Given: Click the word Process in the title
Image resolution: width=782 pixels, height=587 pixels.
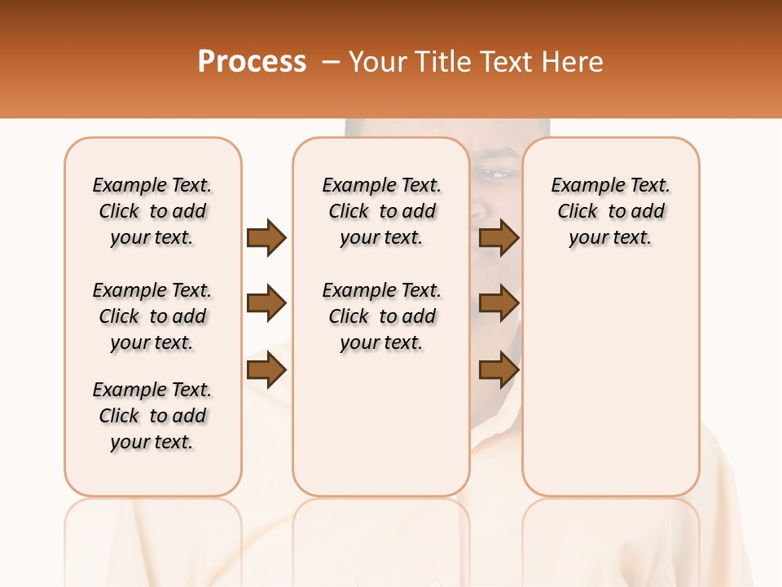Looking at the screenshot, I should pos(252,62).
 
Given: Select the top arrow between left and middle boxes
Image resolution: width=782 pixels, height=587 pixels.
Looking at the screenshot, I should pos(266,237).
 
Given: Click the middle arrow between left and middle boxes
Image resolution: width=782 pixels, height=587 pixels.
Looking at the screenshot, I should pos(266,303).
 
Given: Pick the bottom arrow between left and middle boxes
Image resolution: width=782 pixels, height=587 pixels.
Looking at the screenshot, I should pos(266,370).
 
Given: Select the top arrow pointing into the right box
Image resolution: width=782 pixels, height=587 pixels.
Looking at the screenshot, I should pos(499,237).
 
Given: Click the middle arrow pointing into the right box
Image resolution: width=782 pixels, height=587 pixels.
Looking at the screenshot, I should pos(499,303).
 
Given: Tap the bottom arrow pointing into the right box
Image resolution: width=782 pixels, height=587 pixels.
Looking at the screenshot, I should pos(499,370).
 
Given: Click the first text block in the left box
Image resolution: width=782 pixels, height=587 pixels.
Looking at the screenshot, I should pos(152,211).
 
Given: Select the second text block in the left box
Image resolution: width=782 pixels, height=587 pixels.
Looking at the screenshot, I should pos(152,316).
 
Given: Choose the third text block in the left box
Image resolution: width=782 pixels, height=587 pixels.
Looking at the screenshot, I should pos(152,416).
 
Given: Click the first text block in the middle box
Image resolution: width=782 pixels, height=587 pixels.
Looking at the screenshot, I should pos(381,211).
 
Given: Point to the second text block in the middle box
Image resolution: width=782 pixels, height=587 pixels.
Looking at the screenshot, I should pos(381,316).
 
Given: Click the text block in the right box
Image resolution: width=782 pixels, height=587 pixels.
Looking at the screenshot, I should pos(610,211).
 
